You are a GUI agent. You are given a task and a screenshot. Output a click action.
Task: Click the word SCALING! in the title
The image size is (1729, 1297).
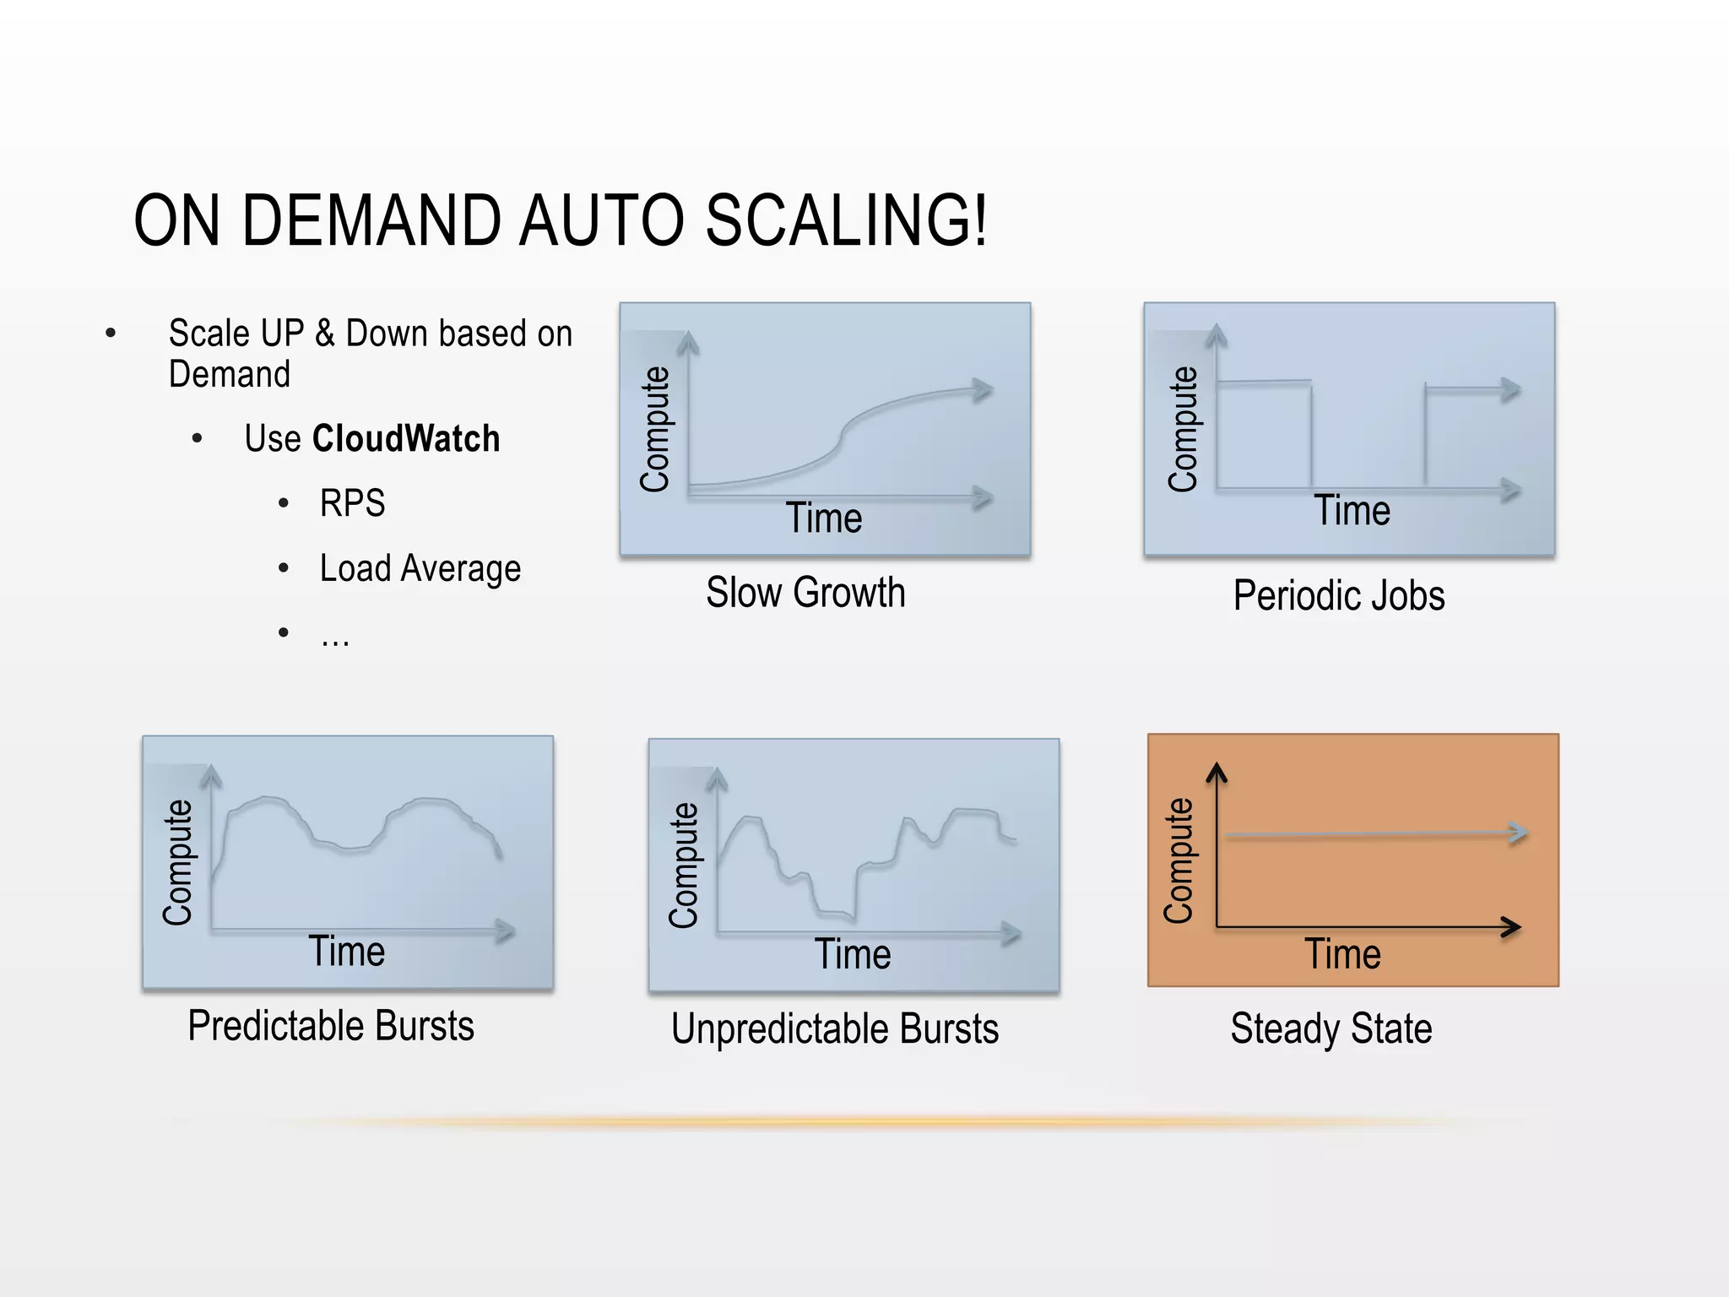click(846, 220)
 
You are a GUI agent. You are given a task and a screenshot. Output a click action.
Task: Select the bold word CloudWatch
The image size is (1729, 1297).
click(406, 439)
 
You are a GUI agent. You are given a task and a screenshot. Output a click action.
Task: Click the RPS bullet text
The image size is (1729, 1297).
click(352, 503)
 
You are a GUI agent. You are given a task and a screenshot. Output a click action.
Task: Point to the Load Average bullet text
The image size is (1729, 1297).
click(420, 569)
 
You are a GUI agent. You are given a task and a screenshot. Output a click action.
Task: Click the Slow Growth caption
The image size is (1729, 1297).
click(805, 592)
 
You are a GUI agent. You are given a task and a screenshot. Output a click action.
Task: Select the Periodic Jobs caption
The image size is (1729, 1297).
click(1339, 595)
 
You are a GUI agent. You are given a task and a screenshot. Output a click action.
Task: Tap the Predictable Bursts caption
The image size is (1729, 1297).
click(331, 1026)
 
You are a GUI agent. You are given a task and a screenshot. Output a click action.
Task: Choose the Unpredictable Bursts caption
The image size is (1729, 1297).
click(835, 1029)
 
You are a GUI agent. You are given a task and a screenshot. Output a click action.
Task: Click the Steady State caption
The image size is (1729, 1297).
click(1331, 1028)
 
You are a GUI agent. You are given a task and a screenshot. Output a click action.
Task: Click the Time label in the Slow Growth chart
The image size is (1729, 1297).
click(824, 518)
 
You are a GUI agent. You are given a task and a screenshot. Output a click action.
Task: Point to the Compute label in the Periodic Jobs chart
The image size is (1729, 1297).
click(1183, 429)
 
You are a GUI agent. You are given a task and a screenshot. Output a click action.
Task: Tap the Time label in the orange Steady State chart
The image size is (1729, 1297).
click(1342, 954)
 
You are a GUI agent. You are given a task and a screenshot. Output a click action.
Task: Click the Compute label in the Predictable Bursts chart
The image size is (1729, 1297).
click(178, 862)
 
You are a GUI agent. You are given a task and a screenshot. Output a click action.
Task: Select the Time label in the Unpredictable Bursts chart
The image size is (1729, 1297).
click(853, 954)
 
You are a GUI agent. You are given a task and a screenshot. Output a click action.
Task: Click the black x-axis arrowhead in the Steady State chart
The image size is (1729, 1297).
click(1513, 927)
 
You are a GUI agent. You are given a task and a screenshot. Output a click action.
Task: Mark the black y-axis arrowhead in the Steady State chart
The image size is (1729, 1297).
click(1217, 771)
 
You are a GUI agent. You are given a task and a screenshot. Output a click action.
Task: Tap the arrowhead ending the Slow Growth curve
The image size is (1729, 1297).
click(983, 389)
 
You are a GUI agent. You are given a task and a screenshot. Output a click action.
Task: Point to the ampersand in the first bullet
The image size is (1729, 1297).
click(325, 334)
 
